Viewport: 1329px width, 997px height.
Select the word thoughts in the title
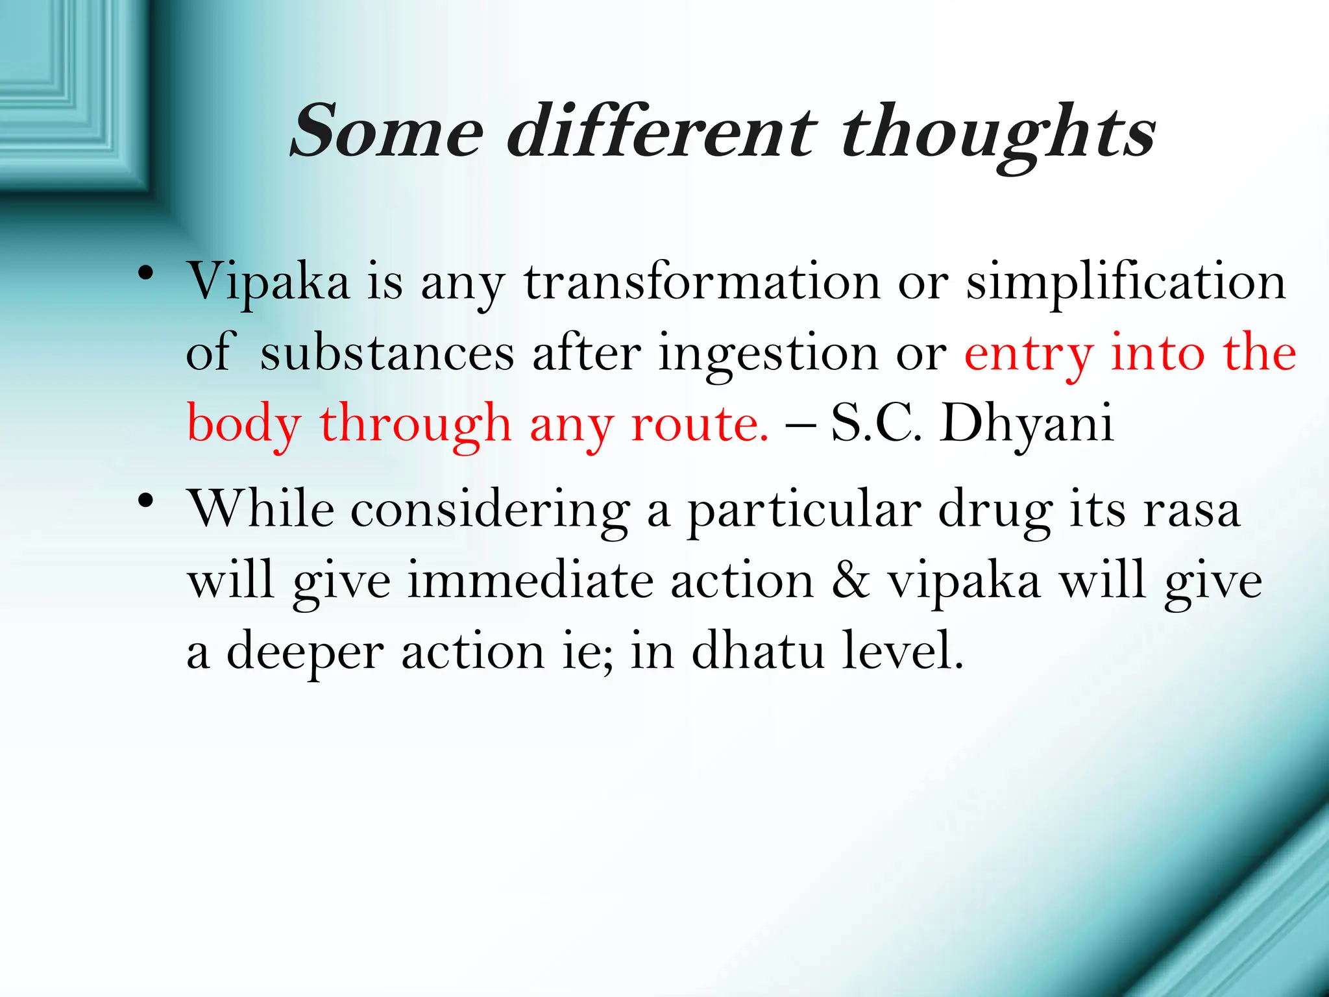[999, 135]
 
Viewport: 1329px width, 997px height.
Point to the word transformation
[702, 283]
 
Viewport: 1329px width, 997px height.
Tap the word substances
[387, 354]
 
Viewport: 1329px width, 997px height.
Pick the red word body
[244, 426]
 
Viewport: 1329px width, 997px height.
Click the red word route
[700, 426]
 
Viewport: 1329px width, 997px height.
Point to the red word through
[416, 426]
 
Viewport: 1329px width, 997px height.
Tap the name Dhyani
[1027, 426]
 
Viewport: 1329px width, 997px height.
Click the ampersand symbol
[850, 580]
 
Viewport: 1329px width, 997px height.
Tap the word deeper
[305, 653]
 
